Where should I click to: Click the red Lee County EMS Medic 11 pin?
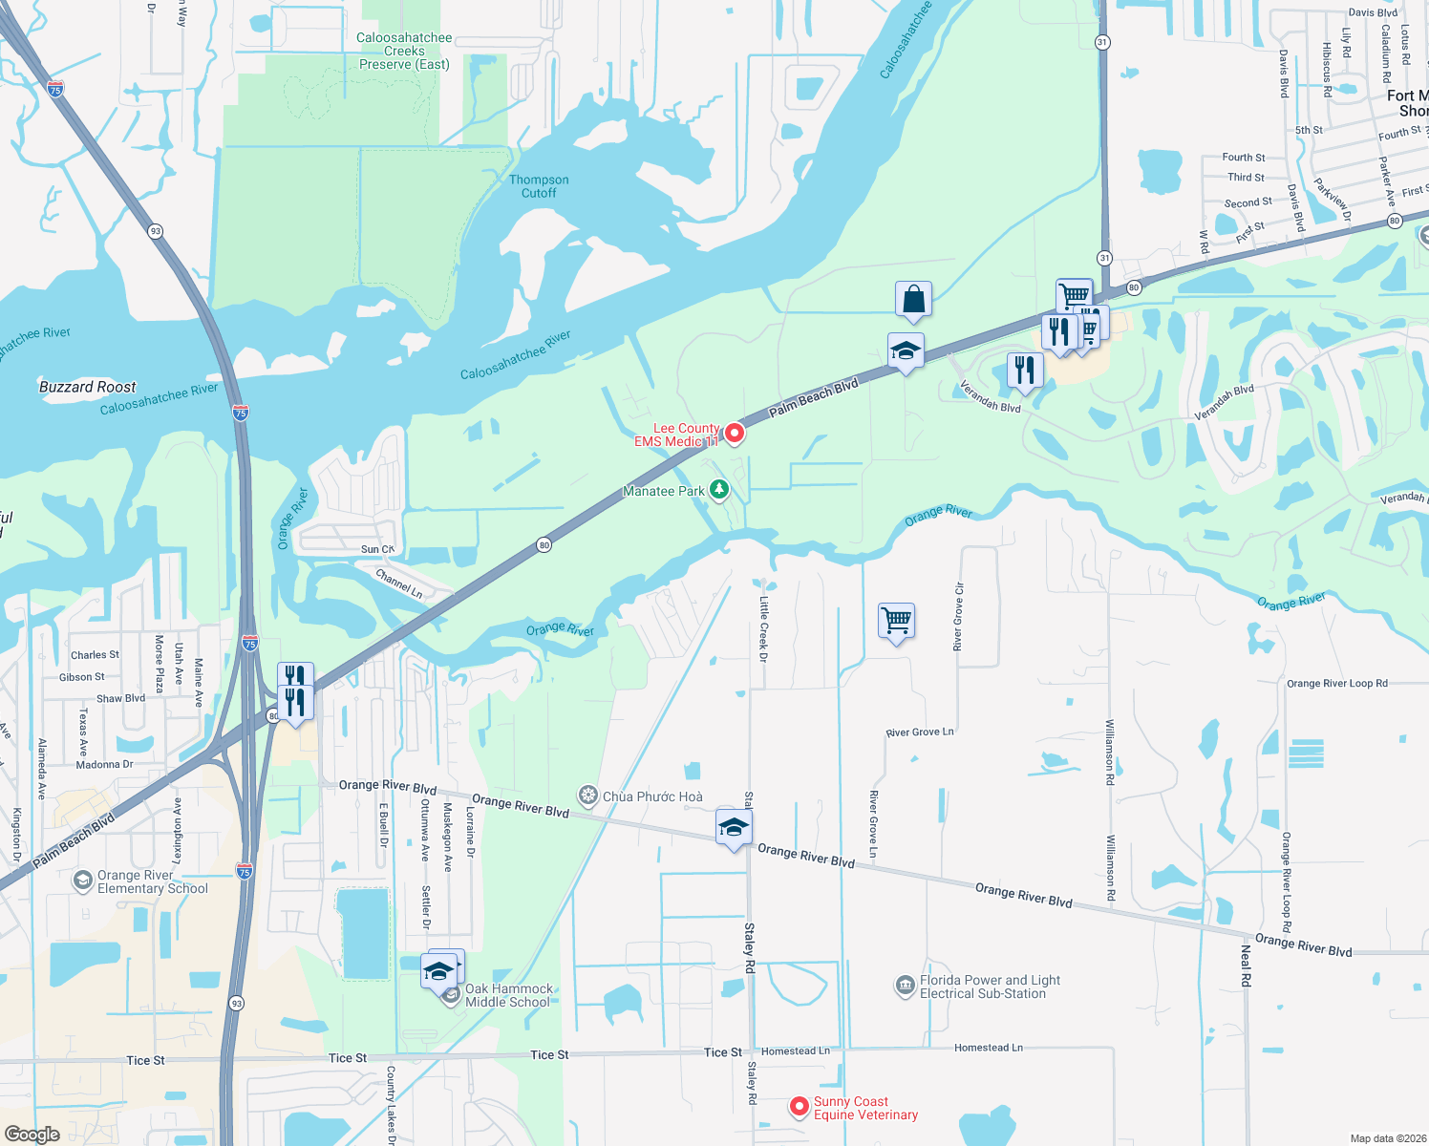point(734,434)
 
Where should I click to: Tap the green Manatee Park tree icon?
point(719,490)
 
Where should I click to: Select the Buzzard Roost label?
point(88,387)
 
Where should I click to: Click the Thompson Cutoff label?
point(539,186)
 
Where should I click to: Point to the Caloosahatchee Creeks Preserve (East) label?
point(404,52)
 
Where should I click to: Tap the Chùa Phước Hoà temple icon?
point(588,796)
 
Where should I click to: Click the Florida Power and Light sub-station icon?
point(905,986)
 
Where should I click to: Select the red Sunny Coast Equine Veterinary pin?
point(800,1106)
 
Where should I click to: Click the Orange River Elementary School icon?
point(83,880)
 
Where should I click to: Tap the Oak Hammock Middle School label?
point(508,995)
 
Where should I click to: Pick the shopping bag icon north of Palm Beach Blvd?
point(913,299)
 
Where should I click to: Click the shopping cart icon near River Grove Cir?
point(896,621)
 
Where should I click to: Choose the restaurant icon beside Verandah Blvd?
point(1024,370)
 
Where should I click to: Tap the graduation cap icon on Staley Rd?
point(734,827)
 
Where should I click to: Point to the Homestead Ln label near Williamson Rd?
point(988,1048)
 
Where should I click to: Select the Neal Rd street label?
point(1246,966)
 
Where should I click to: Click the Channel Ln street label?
point(399,584)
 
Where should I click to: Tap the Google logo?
point(32,1134)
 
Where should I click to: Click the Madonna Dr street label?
point(104,764)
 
